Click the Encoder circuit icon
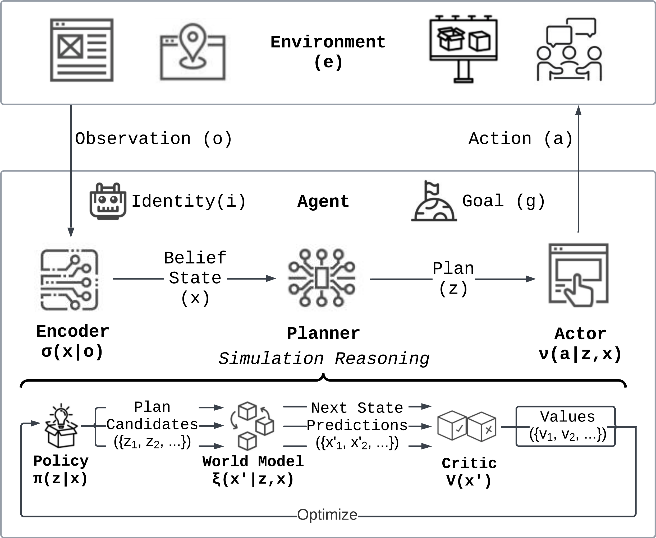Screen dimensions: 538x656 point(70,280)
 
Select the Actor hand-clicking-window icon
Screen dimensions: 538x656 point(579,275)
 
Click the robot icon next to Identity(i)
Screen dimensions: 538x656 point(108,201)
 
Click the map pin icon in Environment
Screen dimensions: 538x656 point(192,52)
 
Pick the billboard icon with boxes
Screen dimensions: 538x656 point(464,49)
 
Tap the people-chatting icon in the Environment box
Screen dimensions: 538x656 point(569,50)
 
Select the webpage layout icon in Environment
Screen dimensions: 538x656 point(82,50)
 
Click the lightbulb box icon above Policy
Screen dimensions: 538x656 point(61,425)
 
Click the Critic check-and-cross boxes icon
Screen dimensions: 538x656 point(467,426)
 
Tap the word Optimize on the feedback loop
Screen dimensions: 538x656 point(327,515)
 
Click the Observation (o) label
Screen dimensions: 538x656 point(153,138)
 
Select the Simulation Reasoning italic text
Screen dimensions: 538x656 point(324,359)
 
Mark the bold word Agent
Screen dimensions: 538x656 point(323,201)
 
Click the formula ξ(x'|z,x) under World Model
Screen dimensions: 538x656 point(253,479)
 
